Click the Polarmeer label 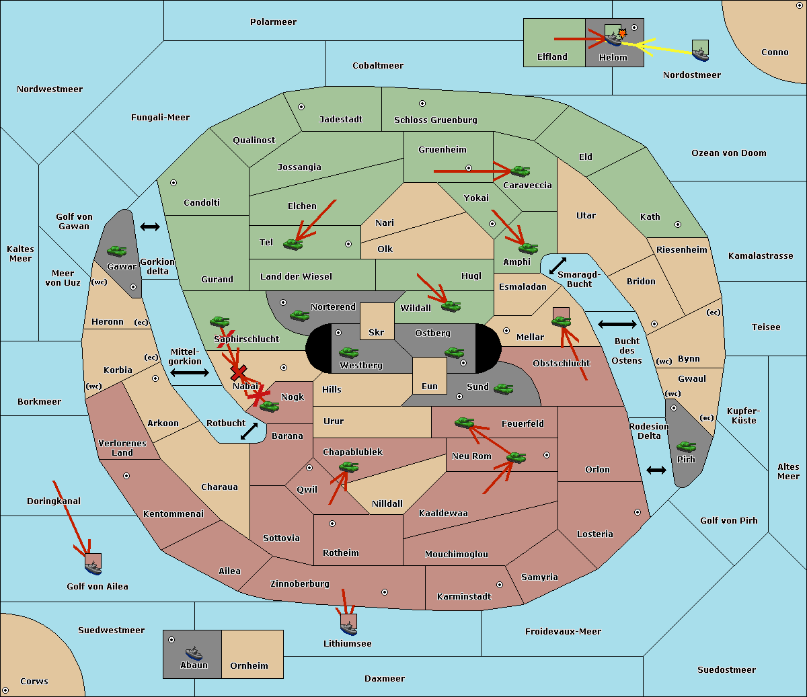[x=273, y=22]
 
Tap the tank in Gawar [x=117, y=251]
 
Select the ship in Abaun [x=194, y=653]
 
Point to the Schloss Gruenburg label [x=436, y=120]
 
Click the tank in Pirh [x=686, y=446]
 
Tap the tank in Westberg [x=348, y=352]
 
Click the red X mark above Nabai [x=238, y=372]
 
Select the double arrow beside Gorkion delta [x=150, y=227]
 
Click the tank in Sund [x=503, y=389]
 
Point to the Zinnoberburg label [x=300, y=584]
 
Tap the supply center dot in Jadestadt [x=301, y=107]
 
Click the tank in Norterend [x=299, y=316]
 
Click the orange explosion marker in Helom [x=622, y=33]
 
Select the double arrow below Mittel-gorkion [x=190, y=372]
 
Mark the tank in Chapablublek [x=348, y=466]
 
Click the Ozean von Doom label [x=728, y=153]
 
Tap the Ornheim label [x=249, y=666]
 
